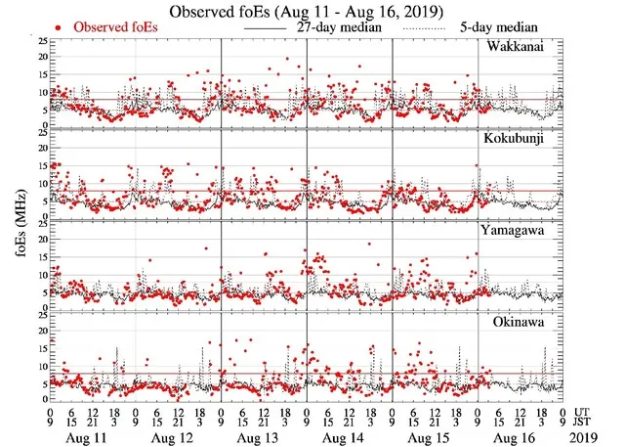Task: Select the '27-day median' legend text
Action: (338, 27)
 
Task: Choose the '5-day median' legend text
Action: (501, 27)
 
